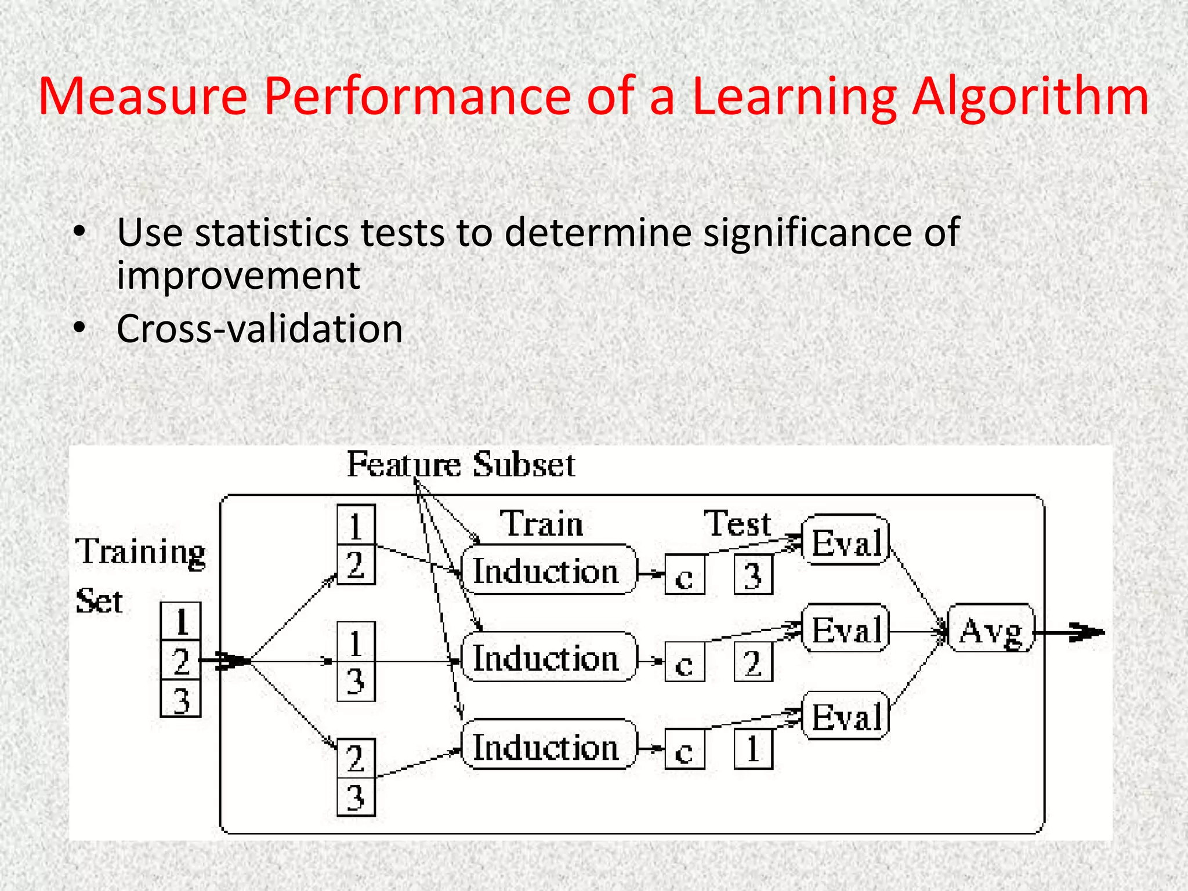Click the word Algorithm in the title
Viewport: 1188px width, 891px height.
point(1030,97)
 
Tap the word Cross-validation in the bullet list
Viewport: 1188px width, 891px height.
point(259,329)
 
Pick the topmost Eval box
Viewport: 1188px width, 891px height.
point(846,541)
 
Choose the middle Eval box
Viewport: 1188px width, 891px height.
point(846,628)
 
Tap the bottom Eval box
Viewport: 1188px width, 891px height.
point(846,715)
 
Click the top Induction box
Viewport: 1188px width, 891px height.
point(548,570)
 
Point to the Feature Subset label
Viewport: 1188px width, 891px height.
point(461,465)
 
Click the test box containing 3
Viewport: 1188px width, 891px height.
point(753,575)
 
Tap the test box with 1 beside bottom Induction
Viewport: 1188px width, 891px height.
point(753,749)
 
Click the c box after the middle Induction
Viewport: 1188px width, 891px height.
point(684,662)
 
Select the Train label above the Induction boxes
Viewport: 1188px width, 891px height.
point(541,524)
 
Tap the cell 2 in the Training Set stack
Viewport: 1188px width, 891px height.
point(181,660)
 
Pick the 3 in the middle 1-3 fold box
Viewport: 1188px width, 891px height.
point(356,681)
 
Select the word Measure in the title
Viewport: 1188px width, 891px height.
point(143,97)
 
